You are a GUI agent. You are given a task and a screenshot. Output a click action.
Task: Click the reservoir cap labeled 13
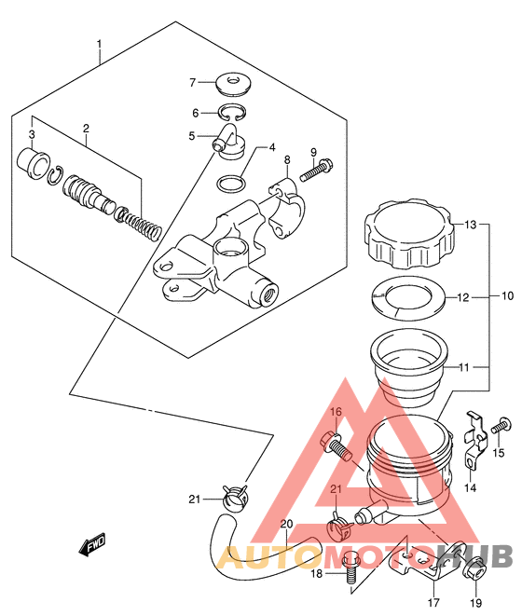[x=409, y=234]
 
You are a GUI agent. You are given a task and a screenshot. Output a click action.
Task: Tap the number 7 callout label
[x=193, y=83]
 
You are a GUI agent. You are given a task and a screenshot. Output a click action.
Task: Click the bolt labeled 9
[x=317, y=170]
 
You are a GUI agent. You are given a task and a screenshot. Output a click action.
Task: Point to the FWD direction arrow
[x=93, y=546]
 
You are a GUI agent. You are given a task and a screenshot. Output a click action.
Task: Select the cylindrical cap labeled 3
[x=34, y=163]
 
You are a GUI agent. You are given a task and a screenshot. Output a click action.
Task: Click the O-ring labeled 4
[x=231, y=184]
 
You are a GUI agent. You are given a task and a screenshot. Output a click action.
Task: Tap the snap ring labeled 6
[x=232, y=112]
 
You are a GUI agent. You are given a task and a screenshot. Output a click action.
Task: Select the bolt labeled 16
[x=336, y=445]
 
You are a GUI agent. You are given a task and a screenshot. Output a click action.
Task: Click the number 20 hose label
[x=287, y=524]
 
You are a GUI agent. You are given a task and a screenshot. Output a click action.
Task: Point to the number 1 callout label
[x=100, y=44]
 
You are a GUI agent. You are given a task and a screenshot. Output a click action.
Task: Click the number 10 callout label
[x=508, y=295]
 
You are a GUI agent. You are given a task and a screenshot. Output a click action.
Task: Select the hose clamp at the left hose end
[x=235, y=498]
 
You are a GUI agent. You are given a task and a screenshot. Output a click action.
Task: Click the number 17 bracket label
[x=433, y=602]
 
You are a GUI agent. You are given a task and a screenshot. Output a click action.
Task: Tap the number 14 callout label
[x=470, y=488]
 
